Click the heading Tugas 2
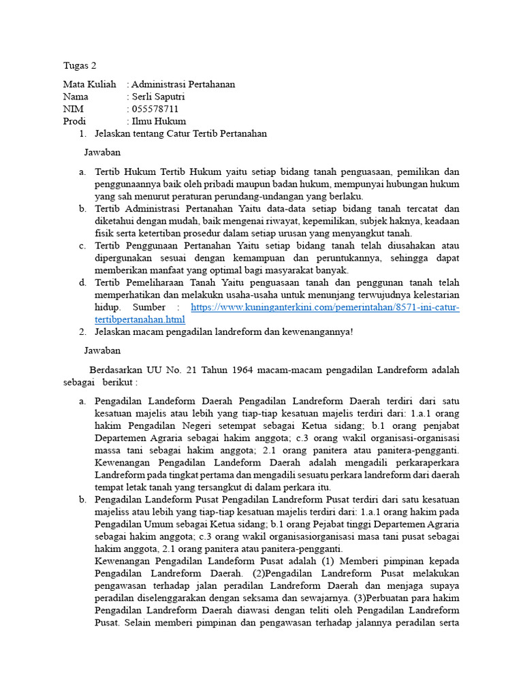(x=80, y=66)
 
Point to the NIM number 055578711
(x=155, y=109)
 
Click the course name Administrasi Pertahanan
(x=183, y=84)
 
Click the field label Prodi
(x=74, y=121)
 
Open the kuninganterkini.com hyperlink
(x=325, y=308)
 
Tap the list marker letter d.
(x=82, y=282)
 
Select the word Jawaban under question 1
(x=102, y=152)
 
